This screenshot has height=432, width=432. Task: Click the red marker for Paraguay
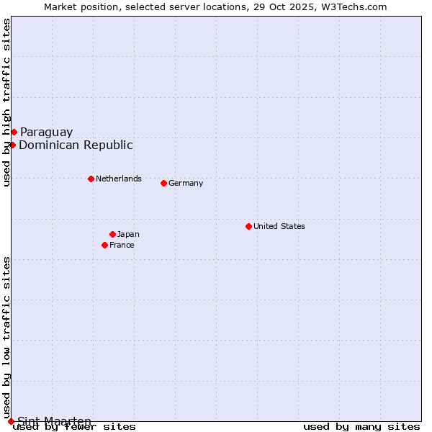click(x=14, y=132)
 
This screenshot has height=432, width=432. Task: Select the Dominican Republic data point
click(x=12, y=145)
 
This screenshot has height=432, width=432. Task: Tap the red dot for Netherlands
click(x=91, y=179)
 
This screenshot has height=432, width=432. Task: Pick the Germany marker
click(x=163, y=183)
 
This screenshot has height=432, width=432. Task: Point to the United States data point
click(x=248, y=226)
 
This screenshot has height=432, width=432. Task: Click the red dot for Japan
click(x=112, y=234)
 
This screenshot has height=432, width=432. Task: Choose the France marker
click(x=104, y=245)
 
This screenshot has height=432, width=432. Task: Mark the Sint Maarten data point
click(x=11, y=421)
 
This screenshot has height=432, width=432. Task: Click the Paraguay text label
click(x=46, y=132)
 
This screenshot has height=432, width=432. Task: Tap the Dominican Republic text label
click(x=76, y=145)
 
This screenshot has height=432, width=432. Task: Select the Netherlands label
click(x=119, y=179)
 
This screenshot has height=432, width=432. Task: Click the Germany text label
click(x=186, y=183)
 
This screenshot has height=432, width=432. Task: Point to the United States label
click(x=279, y=226)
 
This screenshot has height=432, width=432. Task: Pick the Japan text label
click(x=128, y=234)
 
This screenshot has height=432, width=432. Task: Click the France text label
click(x=122, y=245)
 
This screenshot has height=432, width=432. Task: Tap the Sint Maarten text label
click(x=54, y=421)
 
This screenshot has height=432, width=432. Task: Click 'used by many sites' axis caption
click(x=361, y=427)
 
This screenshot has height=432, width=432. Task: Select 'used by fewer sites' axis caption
click(x=74, y=427)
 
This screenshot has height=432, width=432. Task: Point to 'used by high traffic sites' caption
click(x=6, y=102)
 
